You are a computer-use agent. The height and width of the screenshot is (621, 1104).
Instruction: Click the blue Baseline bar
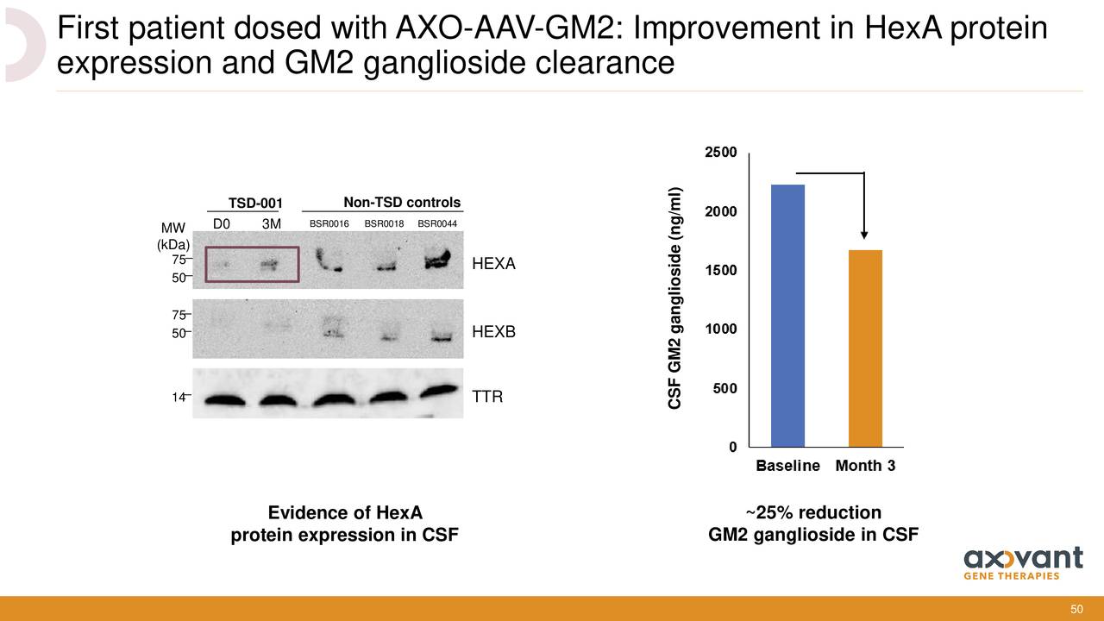[787, 316]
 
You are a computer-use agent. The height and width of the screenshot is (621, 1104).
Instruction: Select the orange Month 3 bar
[865, 348]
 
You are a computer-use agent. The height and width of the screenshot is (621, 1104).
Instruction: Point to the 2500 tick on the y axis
[720, 153]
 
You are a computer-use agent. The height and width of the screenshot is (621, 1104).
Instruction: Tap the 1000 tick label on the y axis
[720, 329]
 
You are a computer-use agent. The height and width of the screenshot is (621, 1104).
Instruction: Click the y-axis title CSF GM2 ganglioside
[674, 298]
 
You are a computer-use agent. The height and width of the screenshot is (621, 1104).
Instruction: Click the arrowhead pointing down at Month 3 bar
[864, 235]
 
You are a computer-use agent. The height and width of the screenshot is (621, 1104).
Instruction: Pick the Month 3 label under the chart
[865, 465]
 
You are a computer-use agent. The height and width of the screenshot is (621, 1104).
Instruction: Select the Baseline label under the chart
[787, 465]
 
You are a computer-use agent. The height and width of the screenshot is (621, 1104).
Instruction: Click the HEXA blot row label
[494, 264]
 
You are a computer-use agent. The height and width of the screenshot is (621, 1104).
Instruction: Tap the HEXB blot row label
[494, 332]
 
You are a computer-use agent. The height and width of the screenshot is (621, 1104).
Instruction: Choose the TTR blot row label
[487, 397]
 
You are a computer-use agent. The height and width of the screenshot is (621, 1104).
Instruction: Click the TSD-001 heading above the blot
[255, 203]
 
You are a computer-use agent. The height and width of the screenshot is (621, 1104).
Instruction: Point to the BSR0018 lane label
[384, 223]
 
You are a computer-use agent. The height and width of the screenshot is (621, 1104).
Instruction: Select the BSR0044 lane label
[437, 223]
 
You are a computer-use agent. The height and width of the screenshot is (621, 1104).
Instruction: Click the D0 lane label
[222, 224]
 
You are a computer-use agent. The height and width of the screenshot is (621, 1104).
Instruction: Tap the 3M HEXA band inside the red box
[269, 265]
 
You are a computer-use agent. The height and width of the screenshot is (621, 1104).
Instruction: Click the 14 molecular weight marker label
[178, 397]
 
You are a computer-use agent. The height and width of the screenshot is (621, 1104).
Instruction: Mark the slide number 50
[1077, 609]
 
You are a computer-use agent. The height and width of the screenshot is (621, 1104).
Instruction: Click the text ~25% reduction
[813, 512]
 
